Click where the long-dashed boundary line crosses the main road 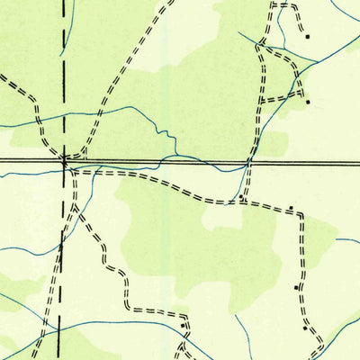pos(63,162)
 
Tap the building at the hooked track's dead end pos(307,37)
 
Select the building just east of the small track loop pos(308,102)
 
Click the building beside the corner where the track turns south pos(291,209)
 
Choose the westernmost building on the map pos(183,325)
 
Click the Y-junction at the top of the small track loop pos(263,45)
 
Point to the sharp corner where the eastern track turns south pos(301,214)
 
